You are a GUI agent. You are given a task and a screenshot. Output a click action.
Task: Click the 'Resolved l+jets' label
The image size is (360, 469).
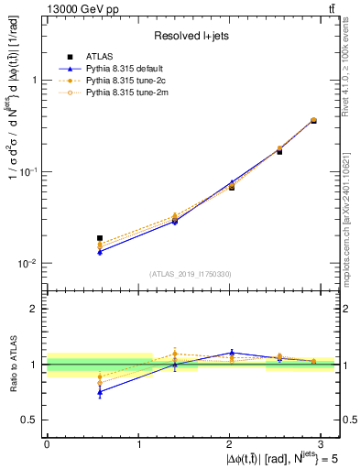[191, 36]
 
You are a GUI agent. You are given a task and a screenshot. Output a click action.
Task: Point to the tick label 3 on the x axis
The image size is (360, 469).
[323, 442]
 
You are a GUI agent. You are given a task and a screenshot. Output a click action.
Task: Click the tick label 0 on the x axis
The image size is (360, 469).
[47, 442]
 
